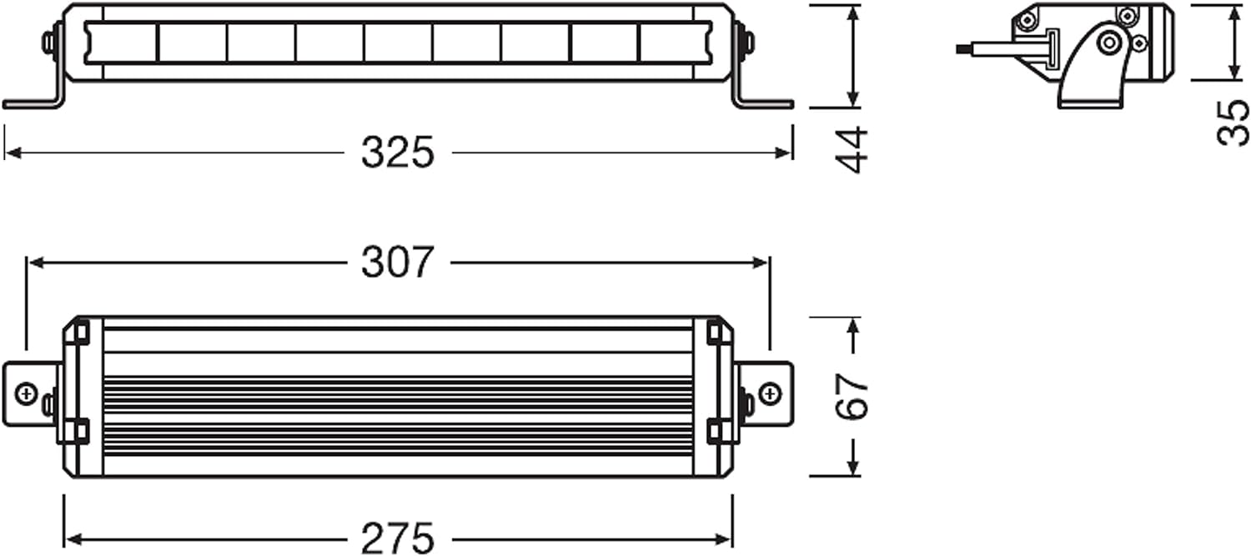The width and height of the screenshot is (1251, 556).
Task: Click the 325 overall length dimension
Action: [x=398, y=153]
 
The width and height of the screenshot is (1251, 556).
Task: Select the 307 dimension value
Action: [x=398, y=263]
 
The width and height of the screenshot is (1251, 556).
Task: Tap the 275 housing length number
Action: [x=398, y=538]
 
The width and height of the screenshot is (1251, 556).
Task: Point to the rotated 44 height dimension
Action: [x=852, y=150]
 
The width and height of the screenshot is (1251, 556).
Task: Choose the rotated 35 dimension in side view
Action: [x=1233, y=123]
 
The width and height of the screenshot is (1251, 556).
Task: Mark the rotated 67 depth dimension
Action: [x=852, y=397]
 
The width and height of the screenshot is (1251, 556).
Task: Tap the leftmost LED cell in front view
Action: [x=122, y=43]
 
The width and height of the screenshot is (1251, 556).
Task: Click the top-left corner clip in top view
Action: [x=81, y=332]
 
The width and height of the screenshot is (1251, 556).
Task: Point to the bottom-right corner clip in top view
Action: [x=715, y=431]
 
